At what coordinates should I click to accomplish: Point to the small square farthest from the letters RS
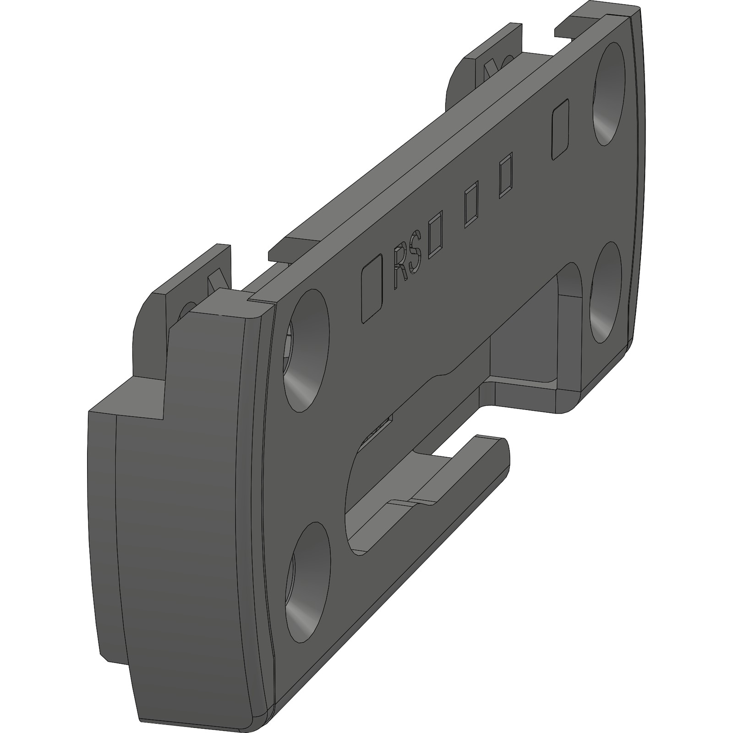(505, 175)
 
